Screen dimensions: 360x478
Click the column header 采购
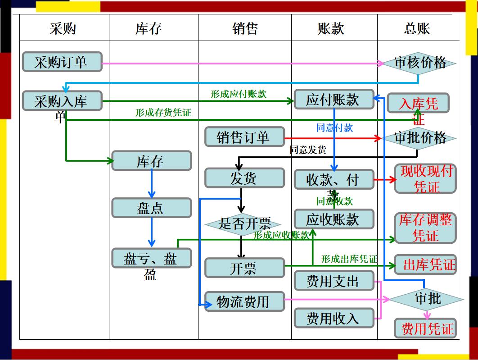(x=63, y=29)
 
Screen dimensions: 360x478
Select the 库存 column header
(x=148, y=29)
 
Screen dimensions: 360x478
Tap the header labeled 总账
(x=417, y=29)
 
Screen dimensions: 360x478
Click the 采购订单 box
(x=62, y=62)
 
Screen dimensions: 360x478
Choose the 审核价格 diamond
(x=419, y=63)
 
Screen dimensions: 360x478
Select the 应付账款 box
(x=334, y=100)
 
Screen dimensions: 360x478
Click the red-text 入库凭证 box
(x=418, y=104)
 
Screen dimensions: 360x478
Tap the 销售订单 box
(x=244, y=137)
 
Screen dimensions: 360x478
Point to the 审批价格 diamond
(x=419, y=138)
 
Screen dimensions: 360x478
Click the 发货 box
(x=244, y=178)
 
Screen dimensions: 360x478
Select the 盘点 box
(x=151, y=208)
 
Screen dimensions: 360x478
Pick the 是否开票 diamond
(x=244, y=223)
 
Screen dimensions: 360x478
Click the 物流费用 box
(x=244, y=301)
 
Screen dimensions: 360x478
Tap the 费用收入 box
(x=334, y=319)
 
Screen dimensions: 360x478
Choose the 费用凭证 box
(x=425, y=328)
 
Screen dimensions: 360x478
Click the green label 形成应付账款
(x=238, y=94)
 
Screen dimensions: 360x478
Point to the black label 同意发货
(x=308, y=150)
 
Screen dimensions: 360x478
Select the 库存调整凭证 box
(x=425, y=228)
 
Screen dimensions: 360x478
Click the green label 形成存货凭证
(x=163, y=113)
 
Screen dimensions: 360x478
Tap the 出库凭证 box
(x=425, y=264)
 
